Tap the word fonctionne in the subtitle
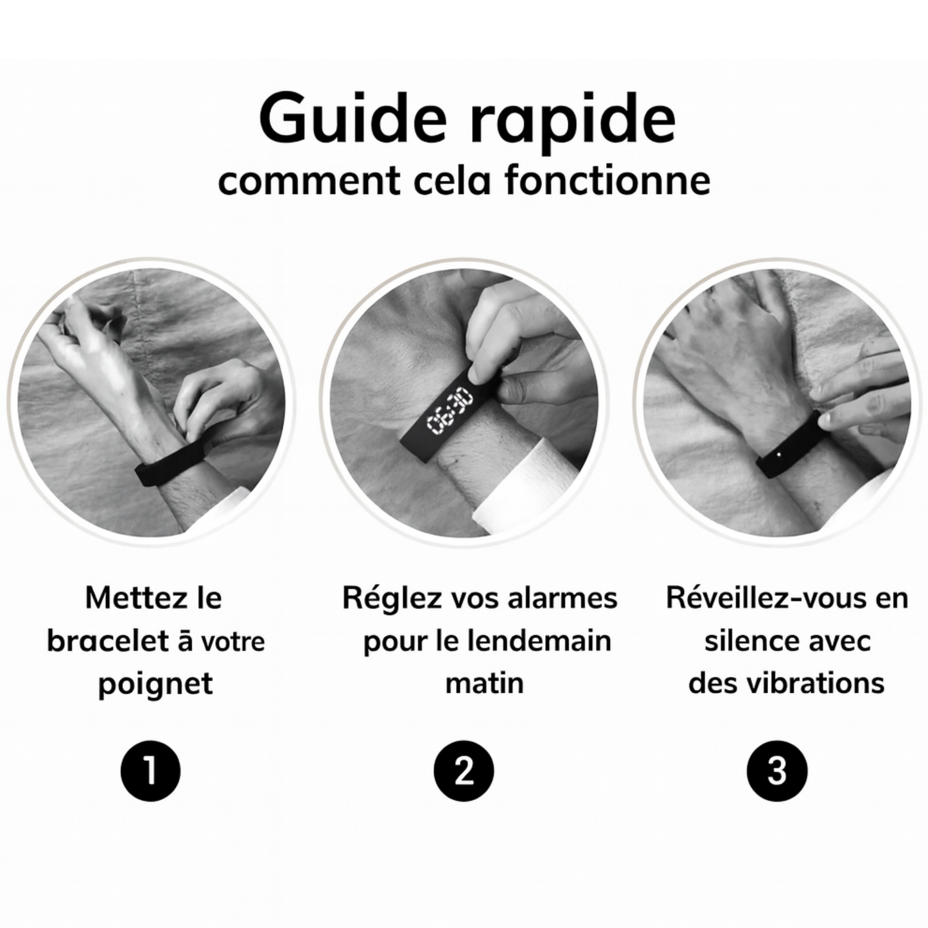(607, 180)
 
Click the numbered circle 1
(151, 771)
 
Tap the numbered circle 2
(464, 771)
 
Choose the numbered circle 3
(777, 771)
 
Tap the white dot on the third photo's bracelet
(780, 454)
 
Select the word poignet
(155, 684)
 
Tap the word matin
(484, 683)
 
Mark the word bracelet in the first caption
(107, 641)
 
